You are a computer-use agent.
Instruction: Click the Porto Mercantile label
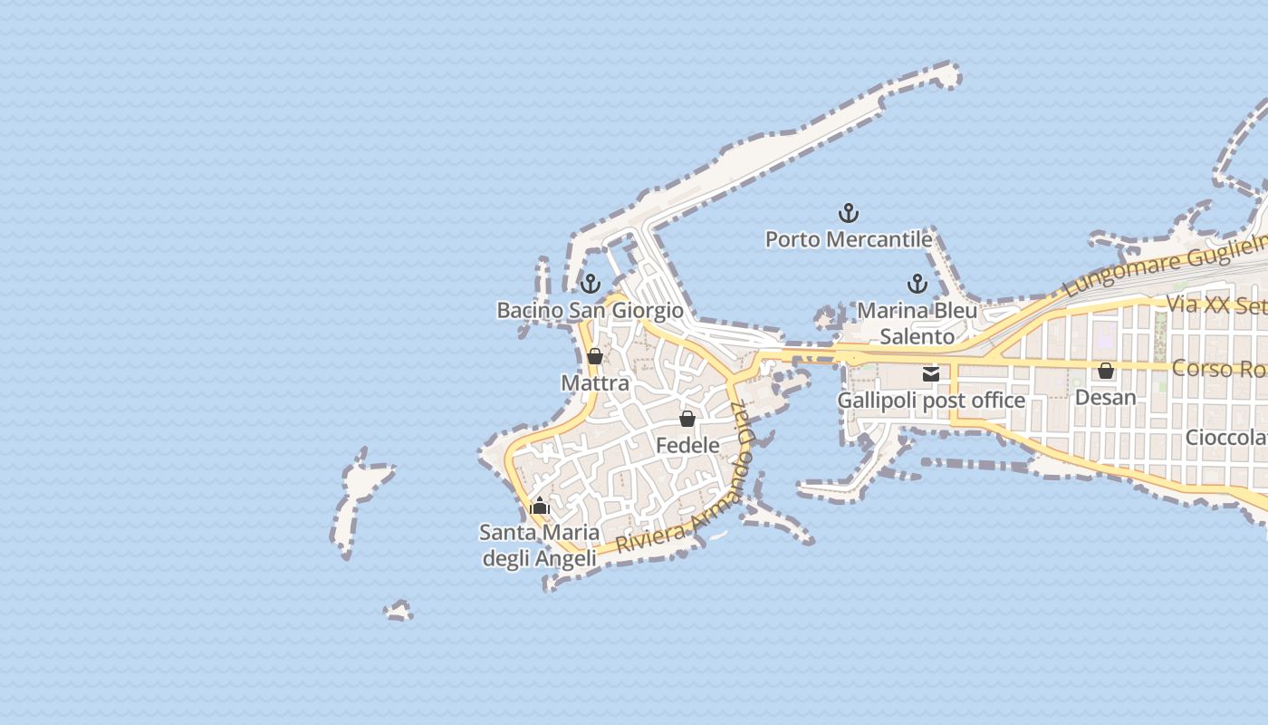click(x=849, y=239)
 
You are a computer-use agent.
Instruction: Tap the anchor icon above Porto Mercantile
click(x=849, y=214)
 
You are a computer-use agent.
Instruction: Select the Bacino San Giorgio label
click(x=590, y=311)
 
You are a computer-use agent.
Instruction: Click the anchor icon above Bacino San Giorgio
click(x=591, y=284)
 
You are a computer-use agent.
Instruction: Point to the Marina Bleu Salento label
click(x=917, y=324)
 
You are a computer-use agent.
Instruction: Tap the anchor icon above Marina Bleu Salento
click(x=917, y=284)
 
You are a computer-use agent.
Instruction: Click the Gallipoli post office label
click(x=931, y=401)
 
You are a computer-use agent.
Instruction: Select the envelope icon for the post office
click(x=931, y=373)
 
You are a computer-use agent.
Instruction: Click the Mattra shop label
click(x=595, y=383)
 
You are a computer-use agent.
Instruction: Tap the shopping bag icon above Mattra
click(x=595, y=356)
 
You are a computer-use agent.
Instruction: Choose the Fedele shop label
click(x=687, y=445)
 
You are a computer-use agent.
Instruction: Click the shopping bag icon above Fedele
click(x=687, y=419)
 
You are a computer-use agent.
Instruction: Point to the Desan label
click(x=1105, y=398)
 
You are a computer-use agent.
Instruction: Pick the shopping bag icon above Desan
click(x=1106, y=371)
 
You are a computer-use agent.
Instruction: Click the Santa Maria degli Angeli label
click(x=539, y=546)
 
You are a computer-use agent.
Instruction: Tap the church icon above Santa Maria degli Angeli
click(x=540, y=506)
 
